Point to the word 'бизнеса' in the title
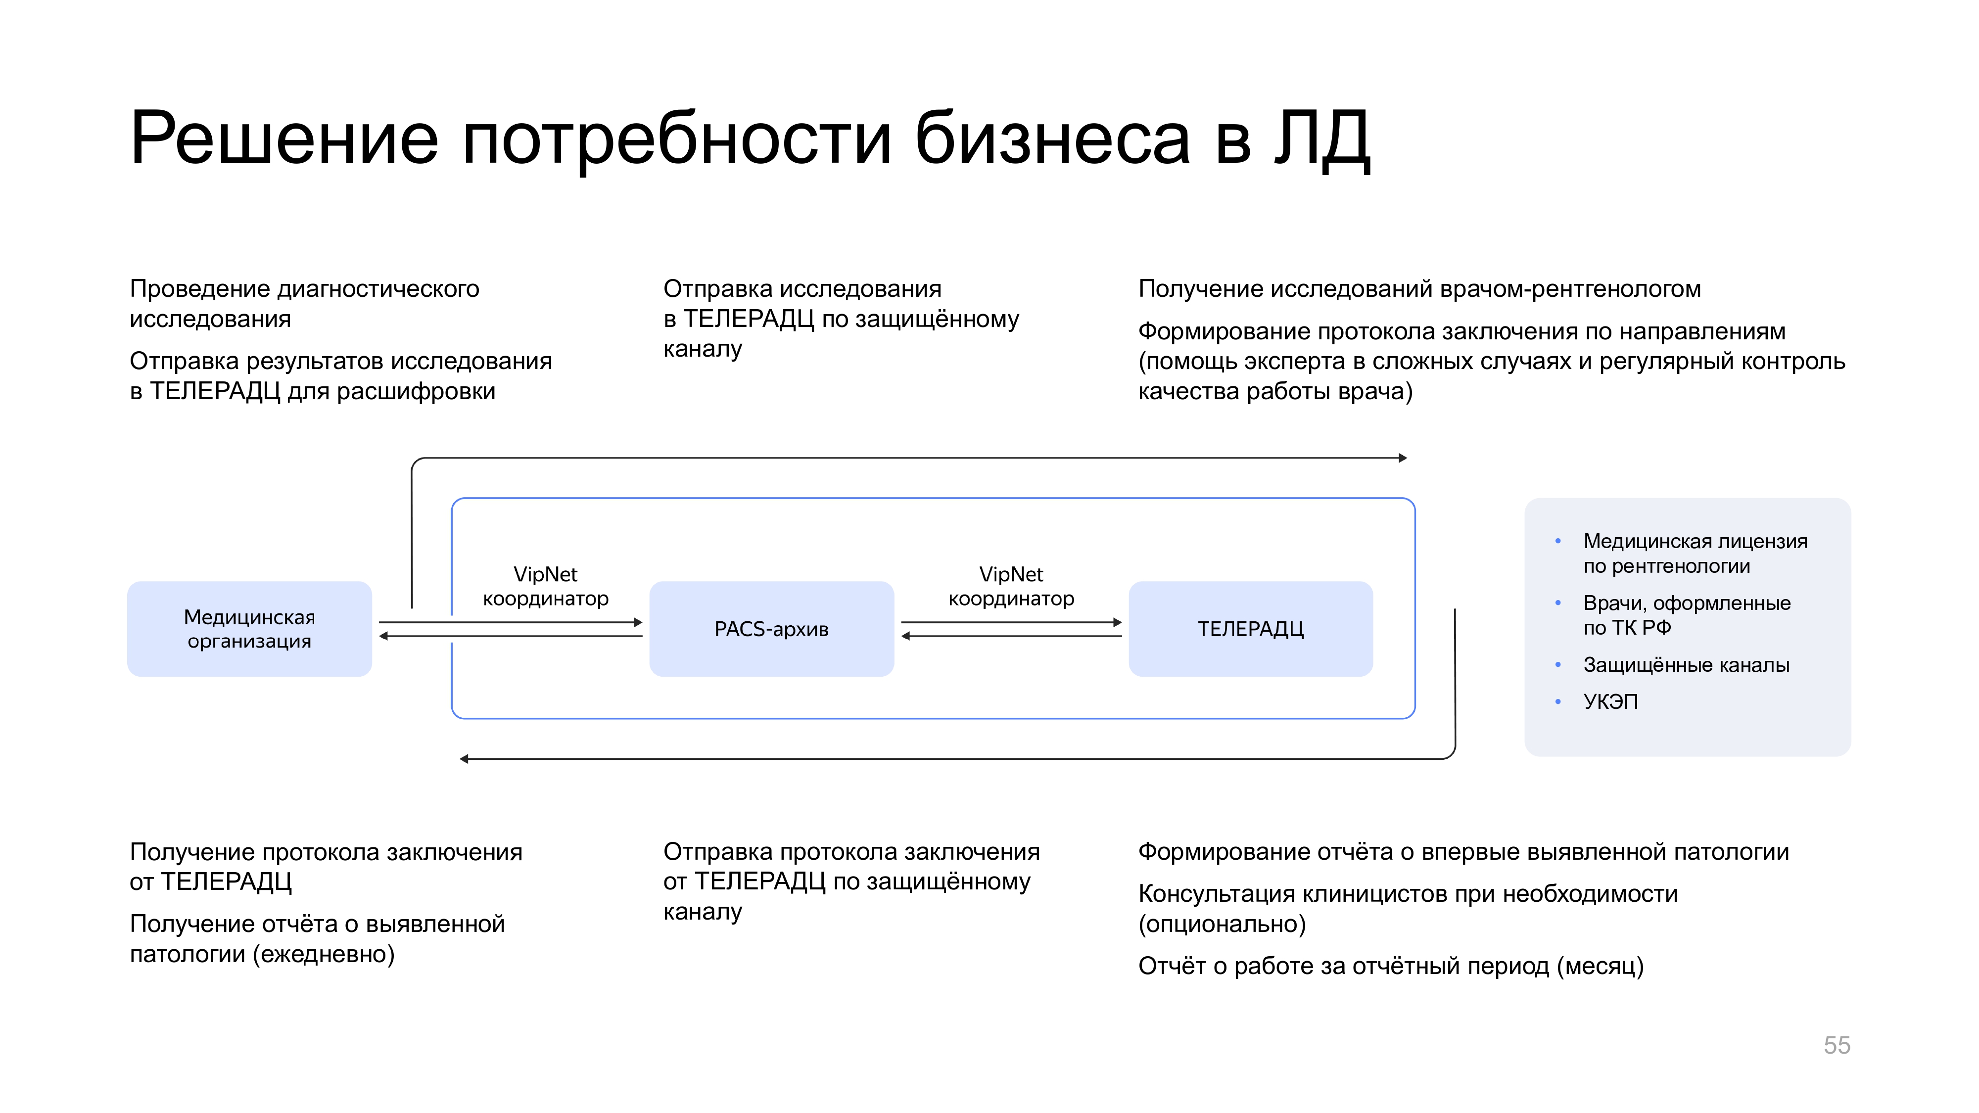pyautogui.click(x=1052, y=139)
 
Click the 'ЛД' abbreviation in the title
pyautogui.click(x=1321, y=139)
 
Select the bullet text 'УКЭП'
pyautogui.click(x=1610, y=701)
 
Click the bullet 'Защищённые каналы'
pyautogui.click(x=1686, y=664)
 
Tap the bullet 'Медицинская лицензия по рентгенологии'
pyautogui.click(x=1694, y=553)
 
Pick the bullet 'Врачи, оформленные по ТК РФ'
pyautogui.click(x=1686, y=614)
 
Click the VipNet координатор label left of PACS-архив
pyautogui.click(x=545, y=586)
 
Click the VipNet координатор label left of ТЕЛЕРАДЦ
pyautogui.click(x=1011, y=586)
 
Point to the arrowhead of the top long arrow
pyautogui.click(x=1402, y=458)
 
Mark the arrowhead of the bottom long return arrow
pyautogui.click(x=464, y=759)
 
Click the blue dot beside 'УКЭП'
pyautogui.click(x=1557, y=701)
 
